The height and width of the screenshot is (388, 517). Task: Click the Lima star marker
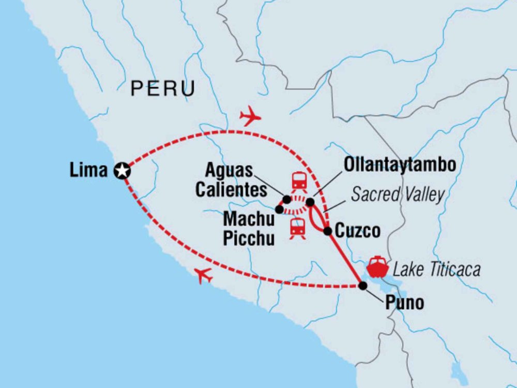coord(122,170)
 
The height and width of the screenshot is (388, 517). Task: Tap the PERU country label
coord(163,88)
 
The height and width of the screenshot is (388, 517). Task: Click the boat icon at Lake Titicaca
coord(377,267)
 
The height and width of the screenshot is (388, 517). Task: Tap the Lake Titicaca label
coord(436,270)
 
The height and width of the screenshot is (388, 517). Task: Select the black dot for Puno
coord(363,286)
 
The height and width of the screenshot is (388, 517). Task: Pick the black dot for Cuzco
coord(327,231)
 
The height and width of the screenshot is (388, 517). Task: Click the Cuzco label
coord(358,230)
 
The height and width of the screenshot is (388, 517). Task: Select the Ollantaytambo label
coord(400,165)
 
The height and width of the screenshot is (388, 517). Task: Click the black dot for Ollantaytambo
coord(310,202)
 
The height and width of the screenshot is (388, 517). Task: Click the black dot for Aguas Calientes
coord(286,199)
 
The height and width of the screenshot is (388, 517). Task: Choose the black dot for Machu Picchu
coord(279,209)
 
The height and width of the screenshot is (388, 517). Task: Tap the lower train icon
coord(297,228)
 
